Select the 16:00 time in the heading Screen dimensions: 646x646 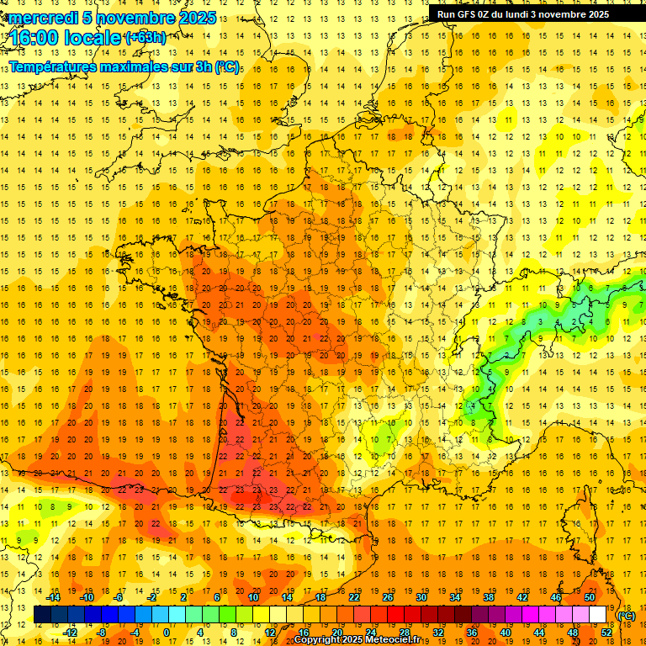34,38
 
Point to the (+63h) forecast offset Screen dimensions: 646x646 145,38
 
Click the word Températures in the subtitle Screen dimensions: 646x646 58,67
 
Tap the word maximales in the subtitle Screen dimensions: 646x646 144,67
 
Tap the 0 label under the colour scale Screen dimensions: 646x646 166,633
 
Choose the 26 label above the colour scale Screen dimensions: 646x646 387,596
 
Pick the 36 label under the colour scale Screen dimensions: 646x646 471,633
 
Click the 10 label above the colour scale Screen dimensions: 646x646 252,596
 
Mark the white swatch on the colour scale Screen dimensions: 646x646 598,615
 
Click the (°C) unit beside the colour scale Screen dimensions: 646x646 626,615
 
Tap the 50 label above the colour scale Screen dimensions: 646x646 590,596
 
